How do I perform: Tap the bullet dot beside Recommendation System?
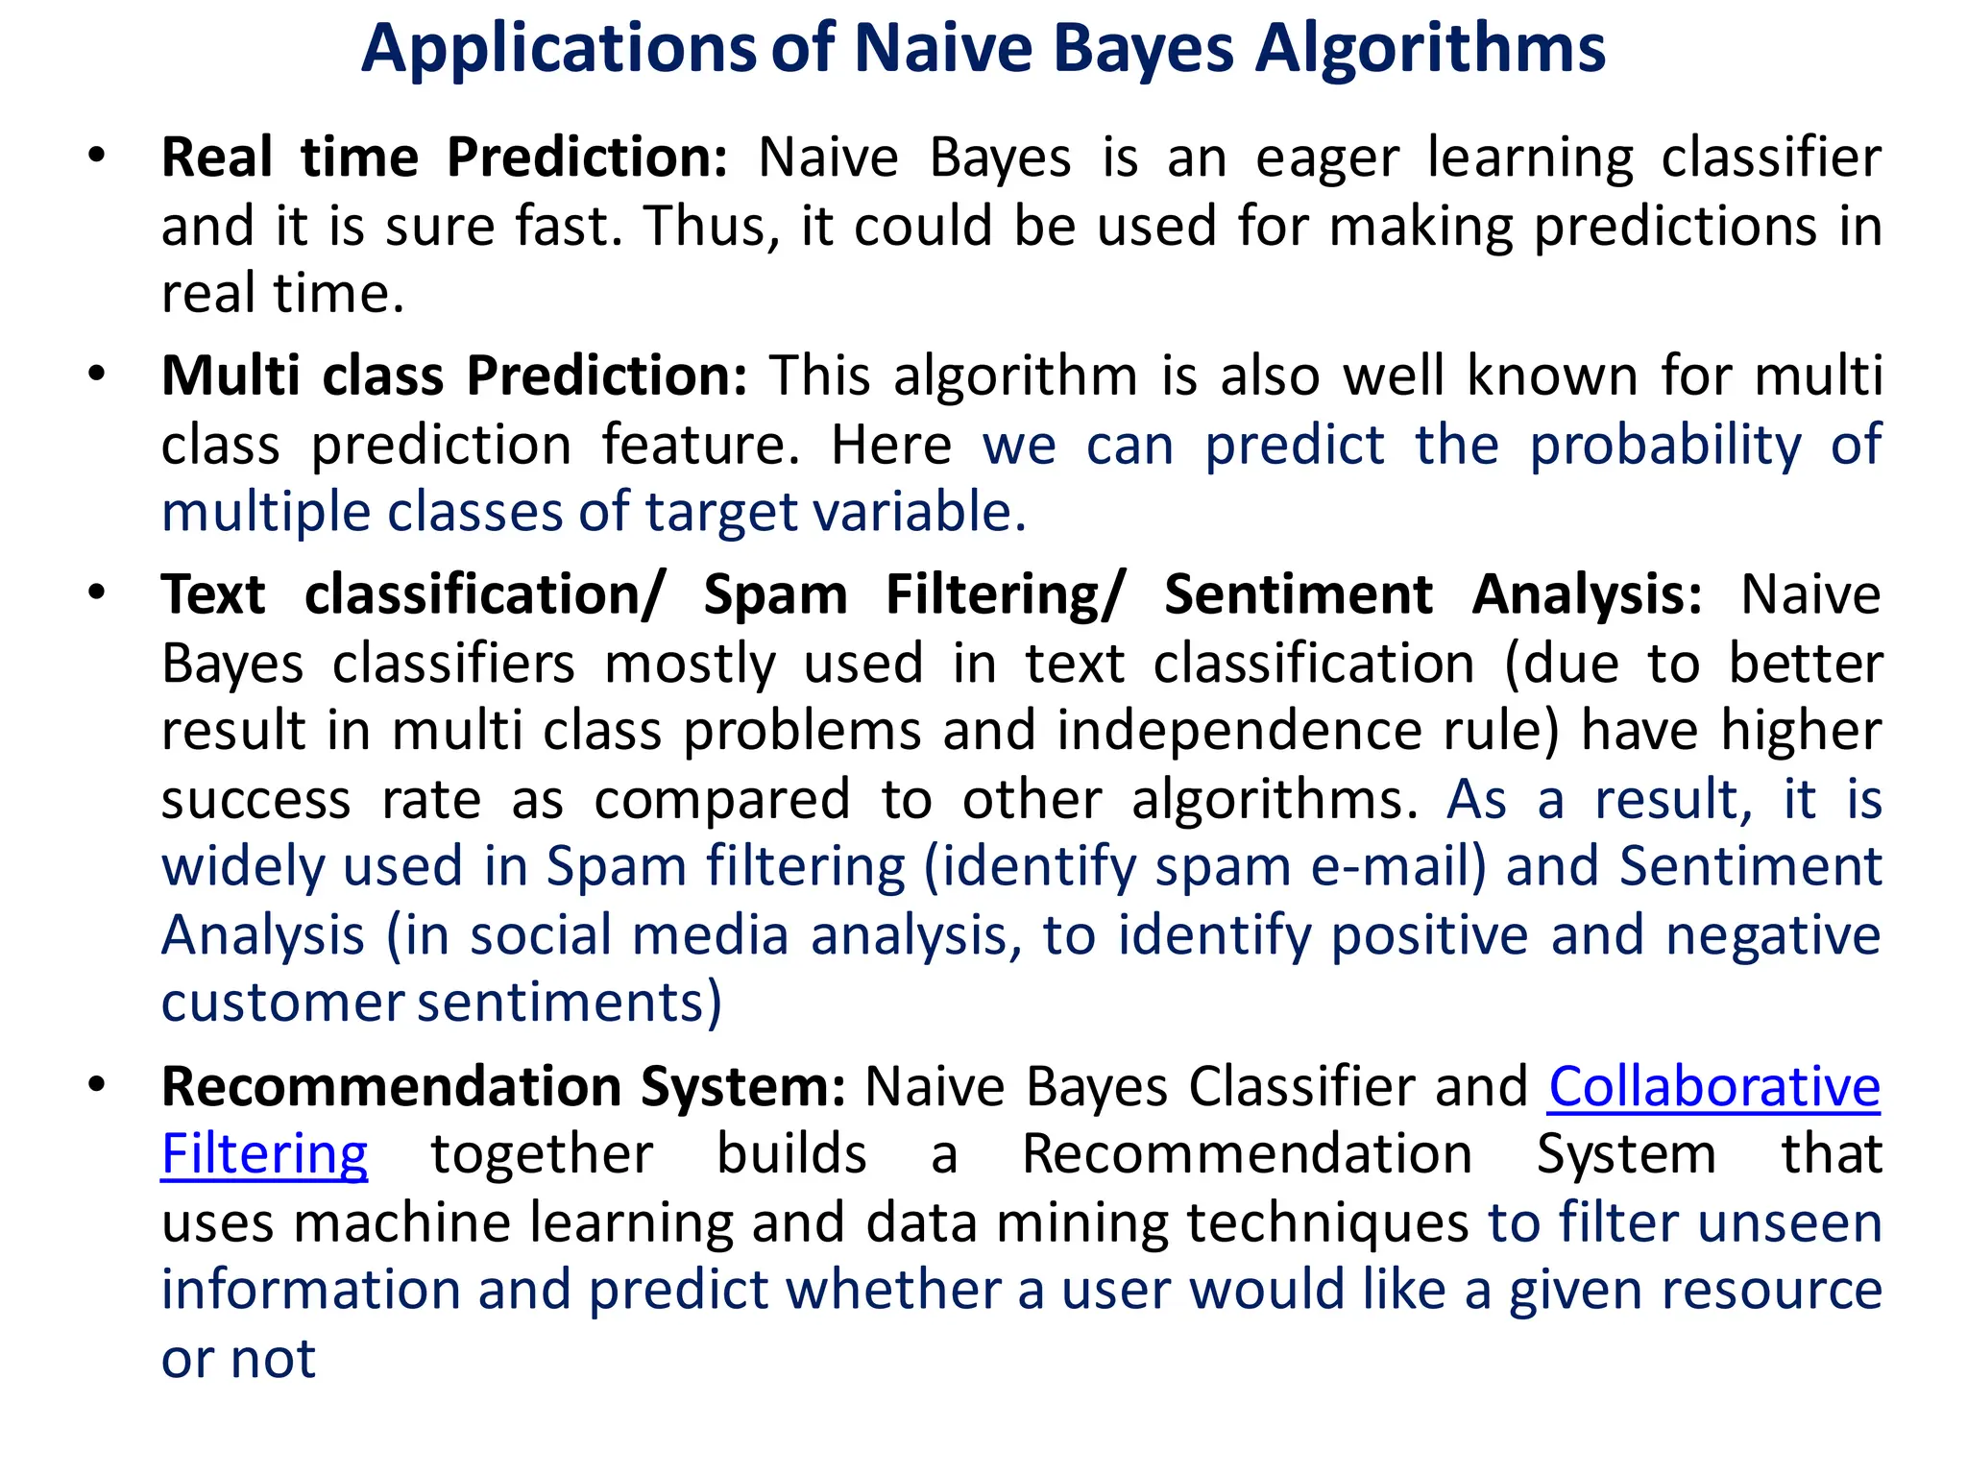[x=96, y=1084]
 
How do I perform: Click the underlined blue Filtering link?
[x=265, y=1155]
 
